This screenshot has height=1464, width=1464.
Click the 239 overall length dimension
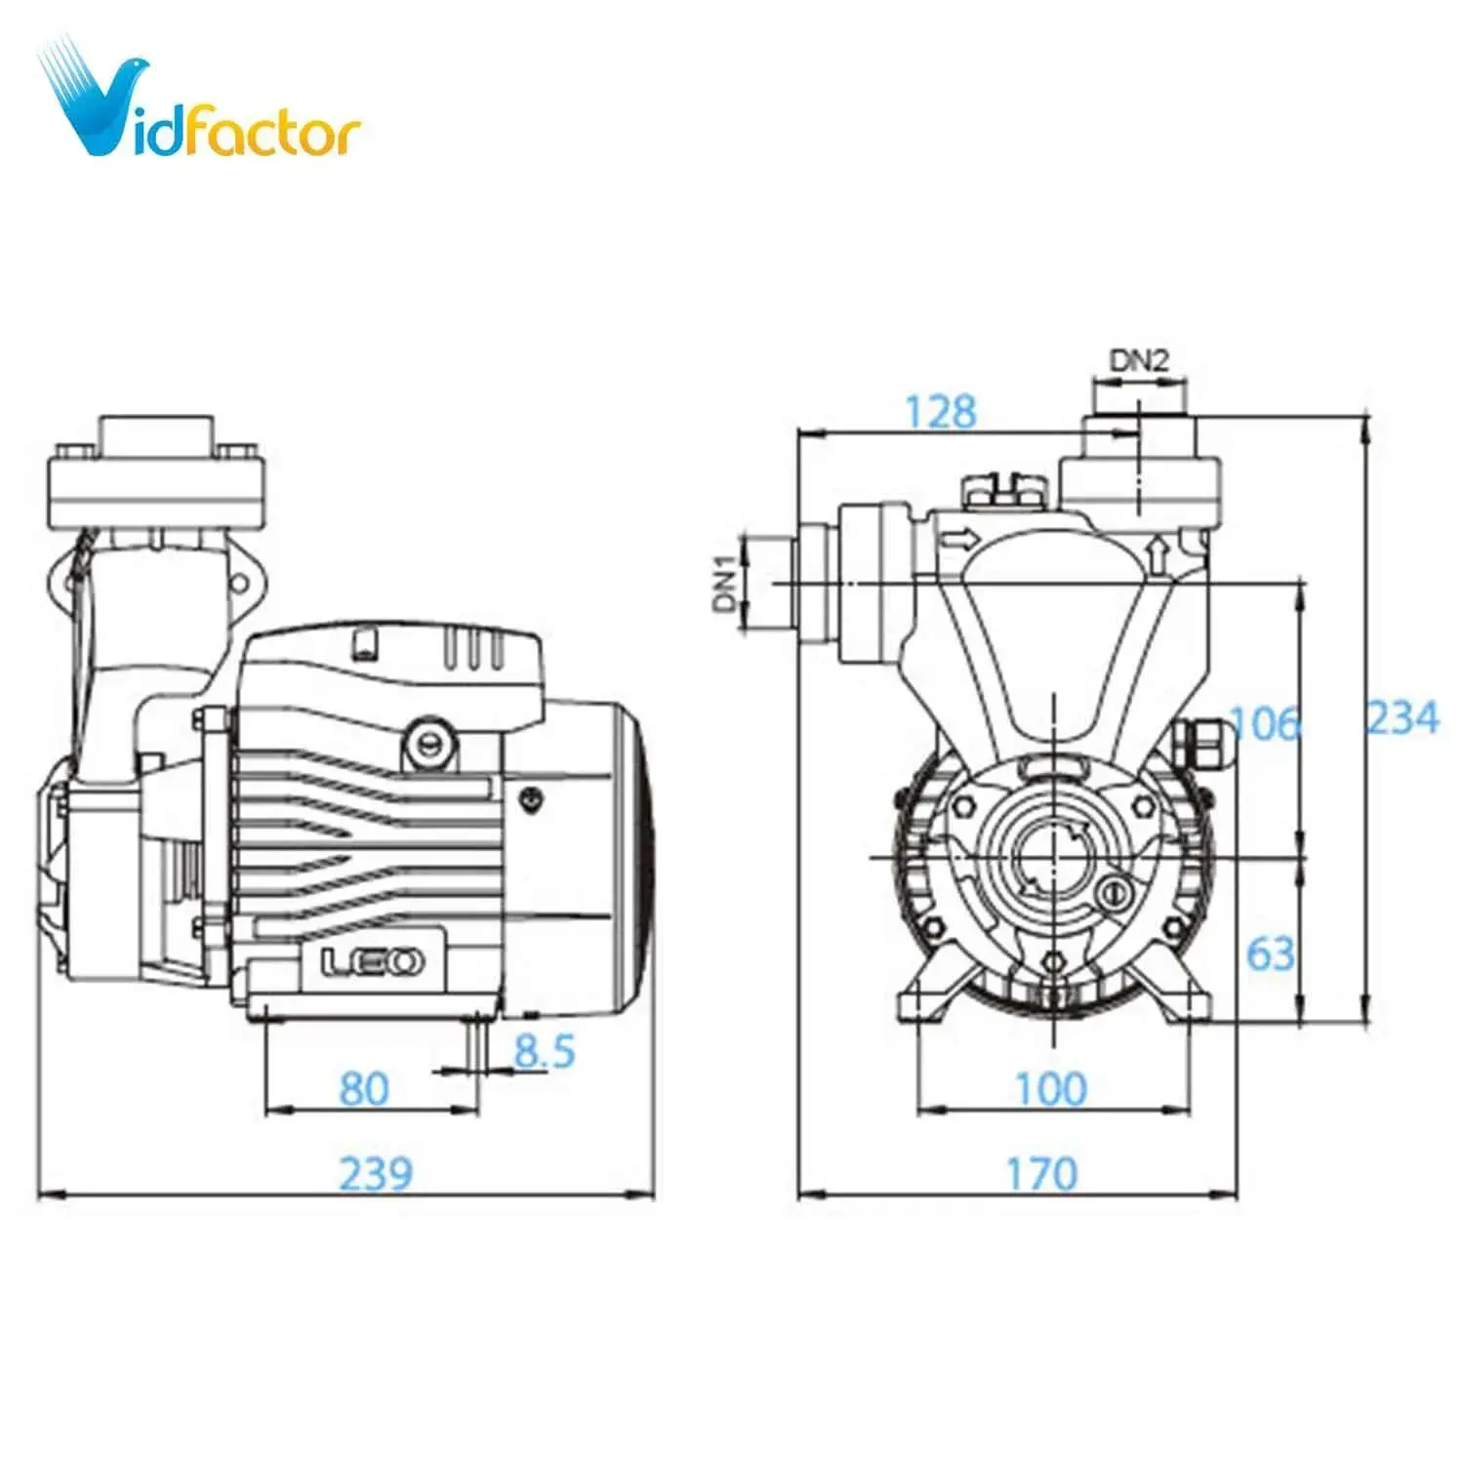(376, 1172)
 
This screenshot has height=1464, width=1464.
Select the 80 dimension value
(363, 1088)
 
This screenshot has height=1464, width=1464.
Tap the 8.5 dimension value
(545, 1051)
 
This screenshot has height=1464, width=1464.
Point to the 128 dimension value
(940, 412)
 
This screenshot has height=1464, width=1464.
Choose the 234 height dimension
(1403, 718)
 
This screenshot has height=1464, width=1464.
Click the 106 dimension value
(1265, 723)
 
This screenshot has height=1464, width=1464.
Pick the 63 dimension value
(1270, 954)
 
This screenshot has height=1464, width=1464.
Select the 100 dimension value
(1050, 1088)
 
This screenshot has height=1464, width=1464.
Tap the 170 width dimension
(1041, 1173)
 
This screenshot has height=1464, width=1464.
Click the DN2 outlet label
(1138, 361)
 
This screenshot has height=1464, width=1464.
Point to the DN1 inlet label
(723, 583)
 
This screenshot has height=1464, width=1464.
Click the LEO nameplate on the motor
(373, 962)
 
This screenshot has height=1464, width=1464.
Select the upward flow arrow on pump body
(1158, 553)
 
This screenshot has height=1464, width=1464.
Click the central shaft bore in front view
(1048, 856)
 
